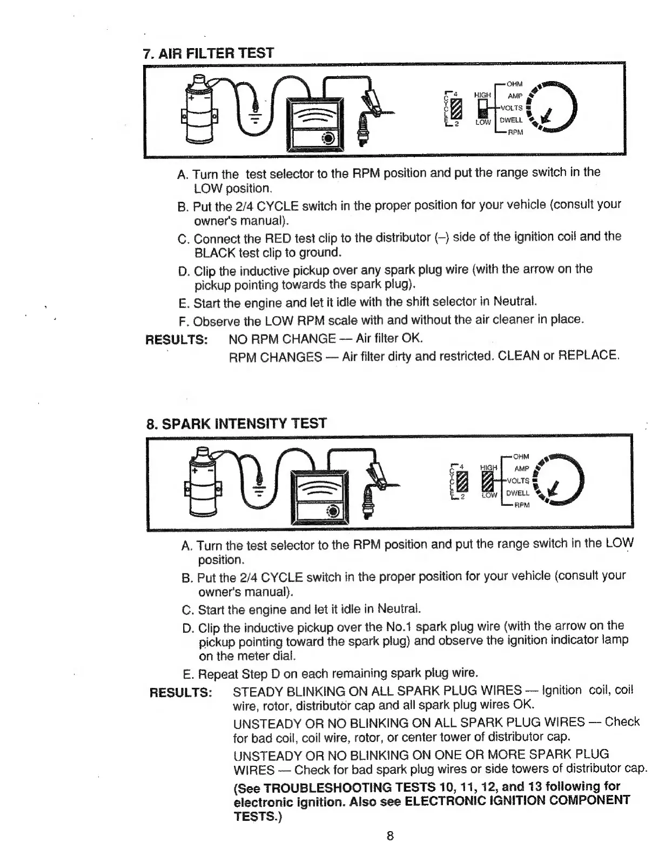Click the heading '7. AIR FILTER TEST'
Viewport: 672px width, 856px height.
[208, 54]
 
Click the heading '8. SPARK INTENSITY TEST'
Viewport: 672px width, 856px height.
[236, 424]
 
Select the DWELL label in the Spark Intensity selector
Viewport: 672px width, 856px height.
[517, 493]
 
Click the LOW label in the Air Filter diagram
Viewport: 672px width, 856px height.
[483, 123]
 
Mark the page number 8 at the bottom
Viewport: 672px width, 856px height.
[389, 836]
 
